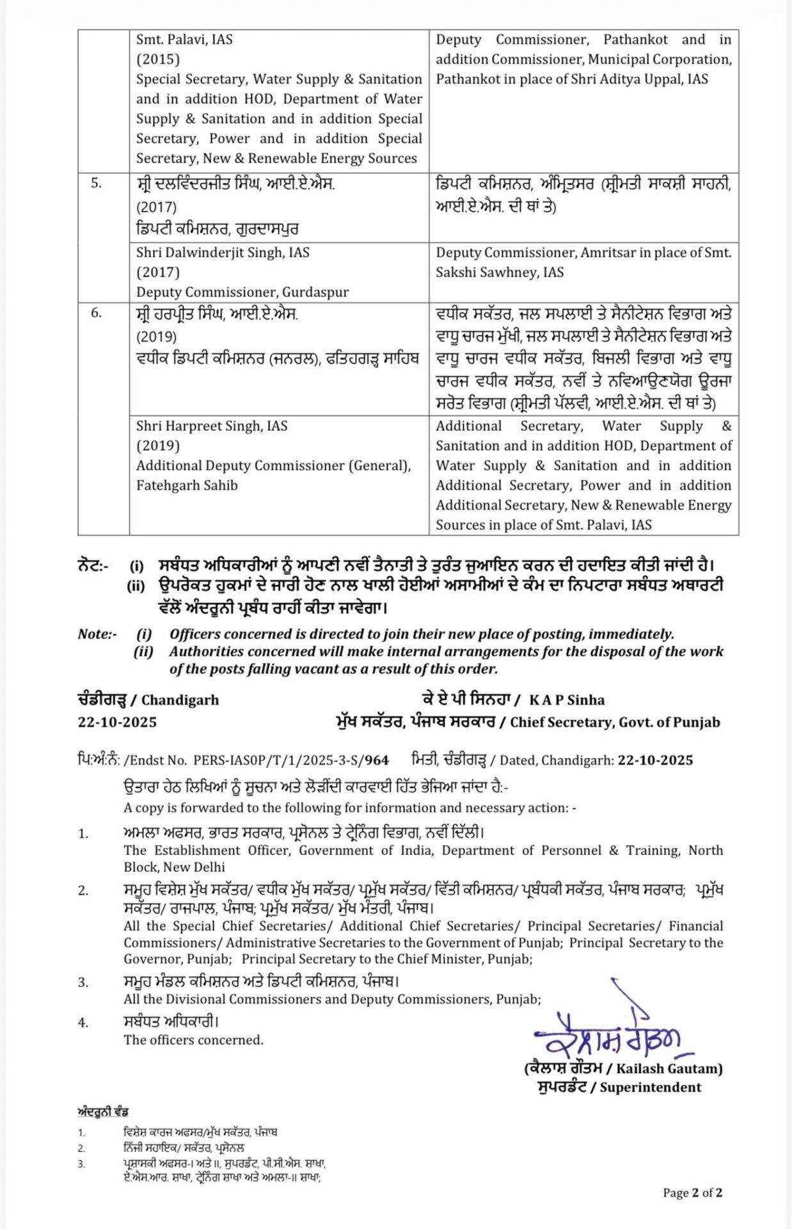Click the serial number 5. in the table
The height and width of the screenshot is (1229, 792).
point(96,184)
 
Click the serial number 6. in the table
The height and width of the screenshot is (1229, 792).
point(96,314)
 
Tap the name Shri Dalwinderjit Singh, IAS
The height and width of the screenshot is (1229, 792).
point(223,253)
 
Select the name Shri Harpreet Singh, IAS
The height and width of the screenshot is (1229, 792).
point(212,426)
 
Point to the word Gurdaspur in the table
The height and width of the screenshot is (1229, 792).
point(315,293)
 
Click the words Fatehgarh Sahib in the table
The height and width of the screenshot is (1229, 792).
point(187,486)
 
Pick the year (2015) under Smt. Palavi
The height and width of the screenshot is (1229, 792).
point(158,60)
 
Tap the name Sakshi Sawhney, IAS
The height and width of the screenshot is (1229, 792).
point(500,273)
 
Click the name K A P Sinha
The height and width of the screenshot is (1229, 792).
point(567,700)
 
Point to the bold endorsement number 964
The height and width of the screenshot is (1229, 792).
point(377,760)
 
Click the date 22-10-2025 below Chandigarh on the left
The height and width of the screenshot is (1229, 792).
point(118,722)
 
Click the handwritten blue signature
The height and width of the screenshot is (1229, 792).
point(608,1031)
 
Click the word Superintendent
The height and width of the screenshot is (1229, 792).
point(651,1088)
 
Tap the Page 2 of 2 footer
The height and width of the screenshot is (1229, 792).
point(693,1193)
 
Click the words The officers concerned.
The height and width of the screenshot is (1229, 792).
point(193,1040)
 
